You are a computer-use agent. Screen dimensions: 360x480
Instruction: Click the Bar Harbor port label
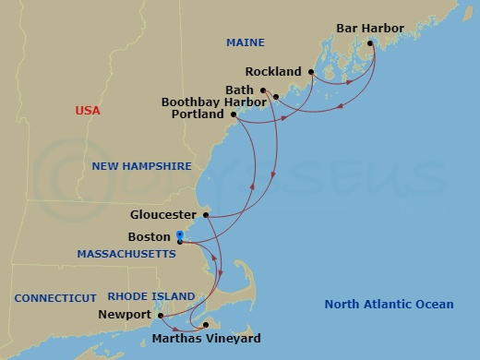coord(369,29)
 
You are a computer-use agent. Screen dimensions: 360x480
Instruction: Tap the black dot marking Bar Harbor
coord(370,43)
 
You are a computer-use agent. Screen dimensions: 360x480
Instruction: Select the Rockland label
coord(274,71)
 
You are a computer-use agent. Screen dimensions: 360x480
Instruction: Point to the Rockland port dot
coord(312,71)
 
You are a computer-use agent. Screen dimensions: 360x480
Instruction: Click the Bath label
coord(240,90)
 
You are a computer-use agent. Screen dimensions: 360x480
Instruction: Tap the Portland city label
coord(198,115)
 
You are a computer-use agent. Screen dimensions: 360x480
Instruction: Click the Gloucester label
coord(163,215)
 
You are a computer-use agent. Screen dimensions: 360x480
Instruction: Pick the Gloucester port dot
coord(206,215)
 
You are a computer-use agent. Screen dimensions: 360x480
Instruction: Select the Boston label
coord(150,236)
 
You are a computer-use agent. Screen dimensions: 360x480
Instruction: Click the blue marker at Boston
coord(180,236)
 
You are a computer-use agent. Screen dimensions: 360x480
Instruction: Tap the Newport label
coord(125,315)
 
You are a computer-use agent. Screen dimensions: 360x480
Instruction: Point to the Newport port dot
coord(162,315)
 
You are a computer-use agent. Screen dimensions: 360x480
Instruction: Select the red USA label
coord(88,111)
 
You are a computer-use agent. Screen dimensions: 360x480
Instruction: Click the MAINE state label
coord(245,43)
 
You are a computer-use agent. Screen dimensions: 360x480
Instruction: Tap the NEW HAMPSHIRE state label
coord(142,166)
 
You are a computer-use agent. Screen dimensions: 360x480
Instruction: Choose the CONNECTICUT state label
coord(55,297)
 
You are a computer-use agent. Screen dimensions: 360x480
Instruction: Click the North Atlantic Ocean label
coord(390,305)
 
